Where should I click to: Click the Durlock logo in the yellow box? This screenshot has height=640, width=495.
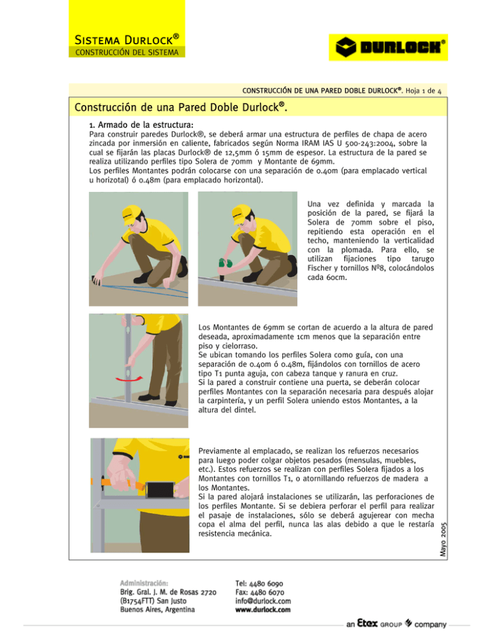click(388, 48)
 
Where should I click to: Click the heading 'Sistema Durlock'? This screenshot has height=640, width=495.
click(127, 39)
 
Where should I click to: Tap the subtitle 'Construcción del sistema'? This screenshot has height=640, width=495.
click(127, 52)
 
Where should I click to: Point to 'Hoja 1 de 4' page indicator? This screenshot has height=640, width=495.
click(423, 91)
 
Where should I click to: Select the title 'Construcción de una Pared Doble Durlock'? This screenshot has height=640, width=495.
click(180, 107)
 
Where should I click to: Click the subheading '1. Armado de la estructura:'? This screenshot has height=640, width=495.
click(141, 125)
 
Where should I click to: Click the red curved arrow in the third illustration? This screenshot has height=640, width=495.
click(129, 379)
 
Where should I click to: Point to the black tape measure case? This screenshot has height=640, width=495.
click(160, 489)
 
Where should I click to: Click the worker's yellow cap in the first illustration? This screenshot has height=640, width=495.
click(131, 214)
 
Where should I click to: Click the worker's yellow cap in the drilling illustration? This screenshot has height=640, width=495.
click(241, 214)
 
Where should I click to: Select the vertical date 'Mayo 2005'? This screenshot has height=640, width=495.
click(443, 539)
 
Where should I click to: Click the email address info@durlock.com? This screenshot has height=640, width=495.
click(263, 601)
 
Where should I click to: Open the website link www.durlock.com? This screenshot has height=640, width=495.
click(263, 610)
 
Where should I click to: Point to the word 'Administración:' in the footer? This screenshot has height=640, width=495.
click(144, 583)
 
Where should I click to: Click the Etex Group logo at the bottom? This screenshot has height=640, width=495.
click(396, 624)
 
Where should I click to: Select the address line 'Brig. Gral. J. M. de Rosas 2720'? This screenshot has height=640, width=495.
click(168, 592)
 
